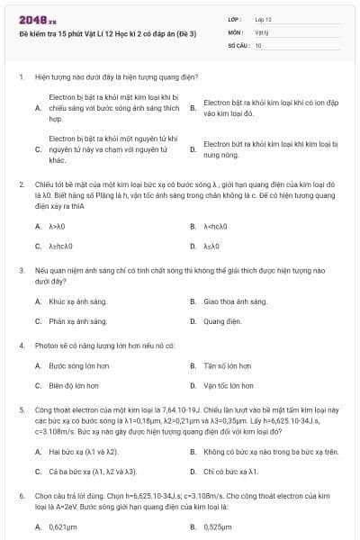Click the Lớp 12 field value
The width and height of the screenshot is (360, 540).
263,18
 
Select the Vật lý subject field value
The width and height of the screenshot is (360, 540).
261,31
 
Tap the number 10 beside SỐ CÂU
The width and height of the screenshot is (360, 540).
258,43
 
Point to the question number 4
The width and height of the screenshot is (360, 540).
21,346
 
